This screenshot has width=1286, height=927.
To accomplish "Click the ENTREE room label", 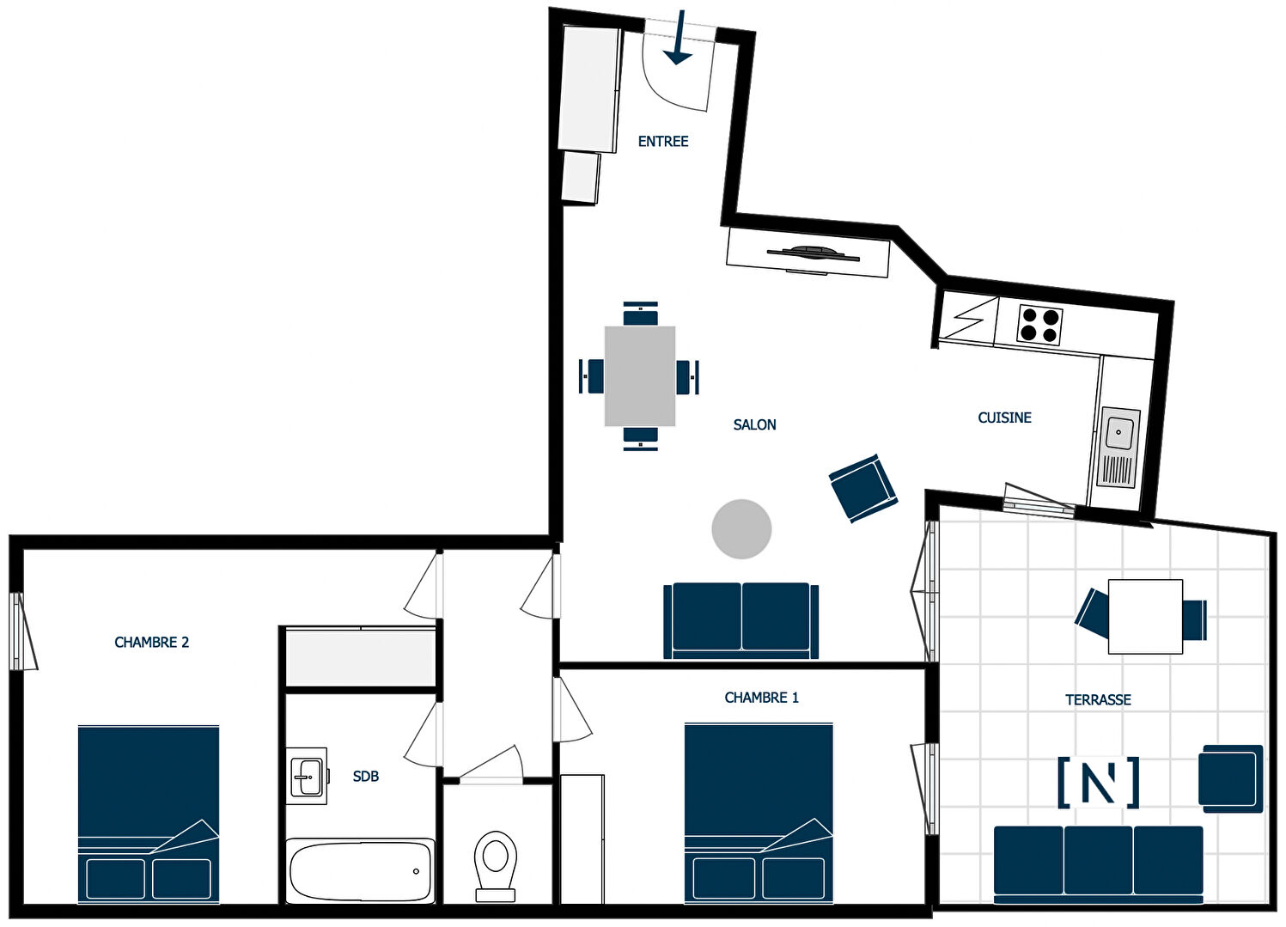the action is tap(663, 141).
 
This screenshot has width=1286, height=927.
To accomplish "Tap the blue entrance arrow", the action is tap(680, 37).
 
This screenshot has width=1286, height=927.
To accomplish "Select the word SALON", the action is tap(754, 424).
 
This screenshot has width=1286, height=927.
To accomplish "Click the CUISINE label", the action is tap(1005, 418).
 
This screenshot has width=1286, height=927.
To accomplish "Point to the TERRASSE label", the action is tap(1098, 699).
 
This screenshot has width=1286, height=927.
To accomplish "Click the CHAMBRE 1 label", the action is tap(761, 698).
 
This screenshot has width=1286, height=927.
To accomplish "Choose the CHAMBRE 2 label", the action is tap(151, 642).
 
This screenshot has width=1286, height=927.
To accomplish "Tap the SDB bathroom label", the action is tap(366, 776).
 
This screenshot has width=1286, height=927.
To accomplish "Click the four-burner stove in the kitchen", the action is tap(1039, 325).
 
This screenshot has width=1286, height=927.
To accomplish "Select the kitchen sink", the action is tap(1118, 447).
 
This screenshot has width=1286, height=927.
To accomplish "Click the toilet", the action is tap(496, 868).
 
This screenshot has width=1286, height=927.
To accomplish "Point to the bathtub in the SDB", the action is tap(360, 871).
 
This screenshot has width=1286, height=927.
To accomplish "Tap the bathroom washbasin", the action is tap(308, 776).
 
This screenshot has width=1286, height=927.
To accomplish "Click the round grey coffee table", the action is tap(741, 528).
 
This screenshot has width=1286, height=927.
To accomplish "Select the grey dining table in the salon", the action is tap(640, 376).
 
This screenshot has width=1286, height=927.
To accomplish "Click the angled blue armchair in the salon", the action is tap(862, 488).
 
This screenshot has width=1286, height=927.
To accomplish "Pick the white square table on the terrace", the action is tap(1145, 617).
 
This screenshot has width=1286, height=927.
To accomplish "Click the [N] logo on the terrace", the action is tap(1098, 783).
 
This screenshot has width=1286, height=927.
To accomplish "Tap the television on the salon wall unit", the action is tap(814, 253).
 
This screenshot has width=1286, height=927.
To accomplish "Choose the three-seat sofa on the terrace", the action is tap(1098, 864).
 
